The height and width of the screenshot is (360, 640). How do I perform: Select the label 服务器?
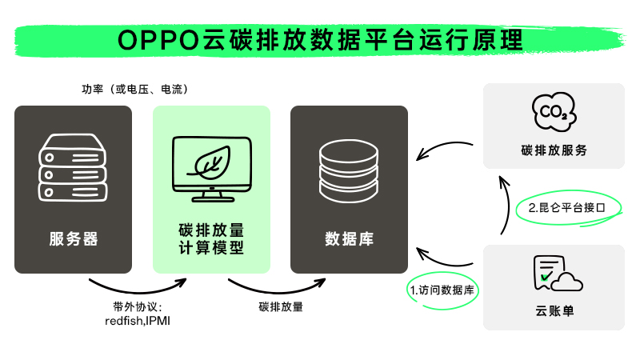pos(73,238)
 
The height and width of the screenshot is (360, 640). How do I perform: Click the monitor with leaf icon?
pos(211,168)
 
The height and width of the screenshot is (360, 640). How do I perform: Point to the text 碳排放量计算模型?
pos(211,239)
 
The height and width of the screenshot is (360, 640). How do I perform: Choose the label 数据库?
pos(349,238)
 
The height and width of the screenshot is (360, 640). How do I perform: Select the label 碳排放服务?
pos(554,150)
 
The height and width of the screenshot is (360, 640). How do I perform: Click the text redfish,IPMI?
pos(138,321)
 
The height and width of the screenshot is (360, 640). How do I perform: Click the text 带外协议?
pos(138,307)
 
